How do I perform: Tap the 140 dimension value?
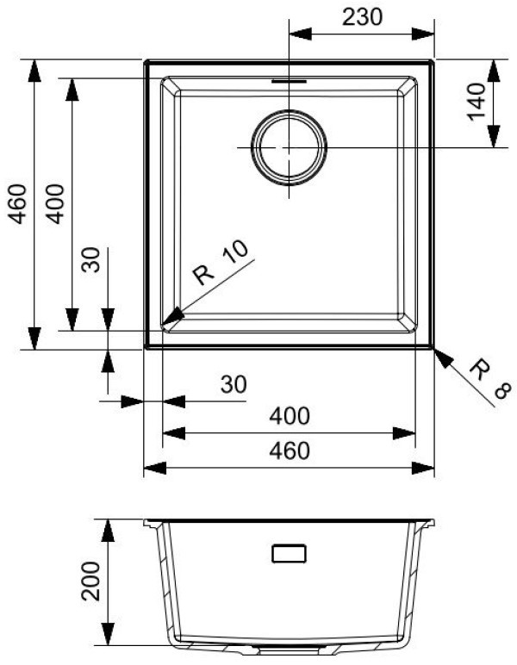tap(480, 104)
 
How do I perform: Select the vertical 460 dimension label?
tap(18, 204)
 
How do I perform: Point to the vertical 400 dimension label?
tap(56, 204)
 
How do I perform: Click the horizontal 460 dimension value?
tap(288, 451)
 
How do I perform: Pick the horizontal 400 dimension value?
tap(288, 416)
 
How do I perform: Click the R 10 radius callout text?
tap(221, 262)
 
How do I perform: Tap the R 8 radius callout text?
tap(486, 383)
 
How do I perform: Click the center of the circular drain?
tap(289, 147)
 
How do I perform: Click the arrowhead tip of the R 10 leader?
tap(164, 327)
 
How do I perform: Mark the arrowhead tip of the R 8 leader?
tap(434, 350)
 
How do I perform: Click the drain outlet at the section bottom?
tap(289, 645)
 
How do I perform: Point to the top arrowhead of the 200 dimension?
tap(107, 521)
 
